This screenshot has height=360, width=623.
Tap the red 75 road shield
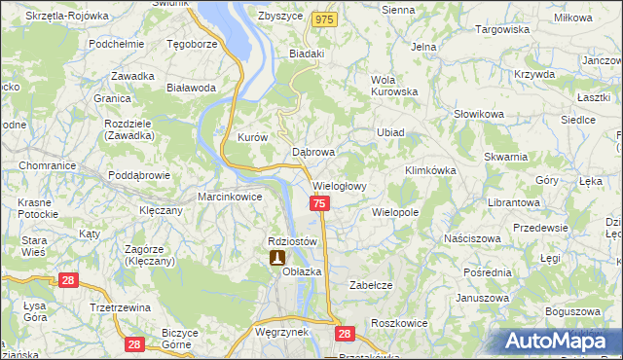(x=320, y=202)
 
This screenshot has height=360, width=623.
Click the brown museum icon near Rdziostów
(x=277, y=257)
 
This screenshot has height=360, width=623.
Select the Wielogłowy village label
(x=338, y=185)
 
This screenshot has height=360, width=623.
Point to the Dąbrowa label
(x=313, y=153)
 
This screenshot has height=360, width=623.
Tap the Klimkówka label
(x=430, y=169)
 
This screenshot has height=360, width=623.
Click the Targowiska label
(x=501, y=29)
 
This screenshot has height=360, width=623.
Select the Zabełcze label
(x=370, y=285)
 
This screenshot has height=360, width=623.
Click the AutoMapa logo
(x=559, y=341)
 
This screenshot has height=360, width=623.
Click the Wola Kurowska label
(x=394, y=86)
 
